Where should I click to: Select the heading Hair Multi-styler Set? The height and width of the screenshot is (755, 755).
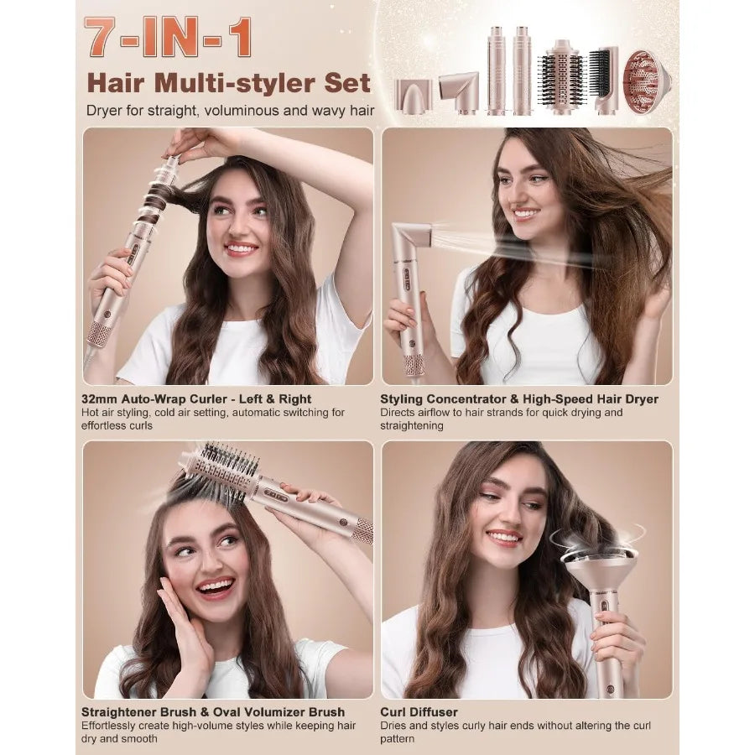click(x=229, y=82)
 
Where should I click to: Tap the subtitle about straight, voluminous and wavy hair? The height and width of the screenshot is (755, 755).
click(x=230, y=110)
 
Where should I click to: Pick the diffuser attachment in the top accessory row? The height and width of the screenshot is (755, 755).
click(x=646, y=82)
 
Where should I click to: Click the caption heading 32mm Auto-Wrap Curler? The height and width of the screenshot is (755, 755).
click(x=197, y=399)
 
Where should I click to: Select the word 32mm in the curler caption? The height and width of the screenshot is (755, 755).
click(x=102, y=399)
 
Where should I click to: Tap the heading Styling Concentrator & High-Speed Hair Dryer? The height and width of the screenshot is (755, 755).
click(x=519, y=399)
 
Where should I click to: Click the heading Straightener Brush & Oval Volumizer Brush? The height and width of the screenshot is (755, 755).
click(x=213, y=712)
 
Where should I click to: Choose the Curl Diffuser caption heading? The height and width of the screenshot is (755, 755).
click(x=419, y=712)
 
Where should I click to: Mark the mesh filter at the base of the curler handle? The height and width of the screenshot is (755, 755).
click(x=100, y=333)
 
